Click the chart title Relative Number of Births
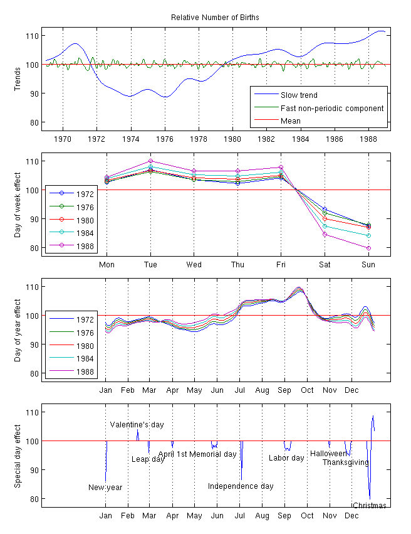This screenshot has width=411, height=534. click(x=215, y=18)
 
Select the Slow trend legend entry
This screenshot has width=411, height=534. click(x=299, y=95)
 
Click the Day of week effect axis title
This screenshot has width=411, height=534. click(x=18, y=203)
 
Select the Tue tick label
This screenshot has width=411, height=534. click(x=150, y=264)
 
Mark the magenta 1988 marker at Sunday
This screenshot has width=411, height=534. click(x=368, y=248)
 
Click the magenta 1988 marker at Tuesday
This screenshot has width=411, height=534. click(x=150, y=161)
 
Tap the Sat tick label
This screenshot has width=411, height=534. click(x=325, y=264)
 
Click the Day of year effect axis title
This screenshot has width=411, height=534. click(x=18, y=329)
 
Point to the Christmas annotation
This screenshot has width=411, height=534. click(x=369, y=506)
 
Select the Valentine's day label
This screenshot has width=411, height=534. click(x=137, y=425)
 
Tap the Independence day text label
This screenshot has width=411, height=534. click(x=241, y=486)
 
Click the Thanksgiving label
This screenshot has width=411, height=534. click(x=345, y=462)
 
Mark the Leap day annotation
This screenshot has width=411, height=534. click(x=148, y=459)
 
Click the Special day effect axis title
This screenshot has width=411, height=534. click(x=18, y=454)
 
